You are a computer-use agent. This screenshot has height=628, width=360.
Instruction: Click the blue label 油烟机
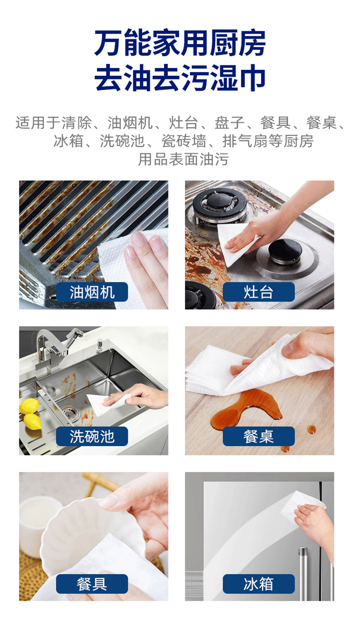point(92,292)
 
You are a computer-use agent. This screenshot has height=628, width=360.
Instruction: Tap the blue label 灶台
point(258,292)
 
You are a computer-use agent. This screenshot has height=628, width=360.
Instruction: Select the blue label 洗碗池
point(92,436)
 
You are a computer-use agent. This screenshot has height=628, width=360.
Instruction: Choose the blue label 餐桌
point(258,436)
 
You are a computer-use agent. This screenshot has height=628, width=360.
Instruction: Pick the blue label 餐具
point(92,584)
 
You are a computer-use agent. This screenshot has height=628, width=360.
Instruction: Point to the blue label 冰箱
point(258,584)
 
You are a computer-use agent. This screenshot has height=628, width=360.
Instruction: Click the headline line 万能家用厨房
point(180,43)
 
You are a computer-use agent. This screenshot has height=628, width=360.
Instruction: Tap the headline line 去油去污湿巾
point(180,77)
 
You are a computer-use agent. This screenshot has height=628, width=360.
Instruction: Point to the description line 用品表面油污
point(184,159)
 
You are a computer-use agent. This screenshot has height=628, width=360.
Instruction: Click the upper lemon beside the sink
point(29,406)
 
